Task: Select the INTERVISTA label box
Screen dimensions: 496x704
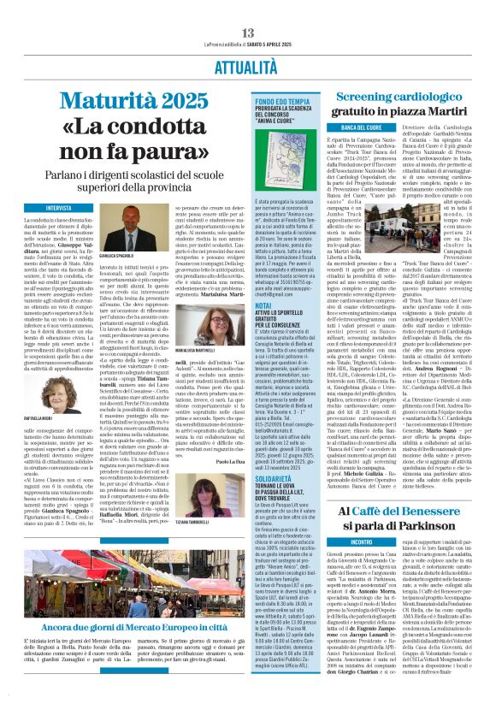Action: (59, 208)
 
